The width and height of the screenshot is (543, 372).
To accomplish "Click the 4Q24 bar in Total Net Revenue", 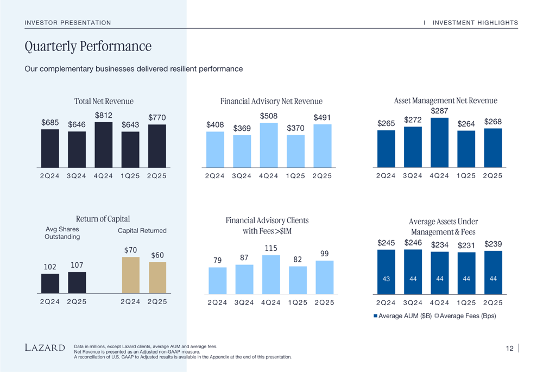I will [103, 144].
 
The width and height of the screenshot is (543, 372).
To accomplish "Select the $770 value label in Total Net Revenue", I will [157, 117].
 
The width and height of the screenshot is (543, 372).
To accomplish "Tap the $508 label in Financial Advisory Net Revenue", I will [268, 116].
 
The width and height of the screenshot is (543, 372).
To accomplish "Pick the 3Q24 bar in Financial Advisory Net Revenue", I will [242, 151].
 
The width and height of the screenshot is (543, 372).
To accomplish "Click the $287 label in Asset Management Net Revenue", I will [439, 111].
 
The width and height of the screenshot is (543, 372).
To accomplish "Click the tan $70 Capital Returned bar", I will [130, 275].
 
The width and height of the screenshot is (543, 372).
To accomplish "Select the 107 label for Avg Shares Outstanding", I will [77, 265].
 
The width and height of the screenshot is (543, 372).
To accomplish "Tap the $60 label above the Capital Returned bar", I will [157, 255].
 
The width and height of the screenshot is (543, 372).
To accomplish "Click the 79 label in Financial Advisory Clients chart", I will [217, 261].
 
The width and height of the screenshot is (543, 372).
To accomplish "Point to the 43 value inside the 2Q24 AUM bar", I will [386, 279].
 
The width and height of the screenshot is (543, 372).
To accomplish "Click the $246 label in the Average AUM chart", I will [413, 243].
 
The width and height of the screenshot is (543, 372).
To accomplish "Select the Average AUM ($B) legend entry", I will [402, 316].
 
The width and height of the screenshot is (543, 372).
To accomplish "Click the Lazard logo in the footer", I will [45, 348].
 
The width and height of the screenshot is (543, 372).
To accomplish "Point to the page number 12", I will [509, 349].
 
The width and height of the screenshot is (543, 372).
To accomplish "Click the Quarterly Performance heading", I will [88, 47].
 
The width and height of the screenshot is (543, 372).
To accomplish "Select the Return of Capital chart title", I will [103, 219].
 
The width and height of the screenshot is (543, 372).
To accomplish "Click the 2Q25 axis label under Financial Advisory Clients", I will [324, 302].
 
